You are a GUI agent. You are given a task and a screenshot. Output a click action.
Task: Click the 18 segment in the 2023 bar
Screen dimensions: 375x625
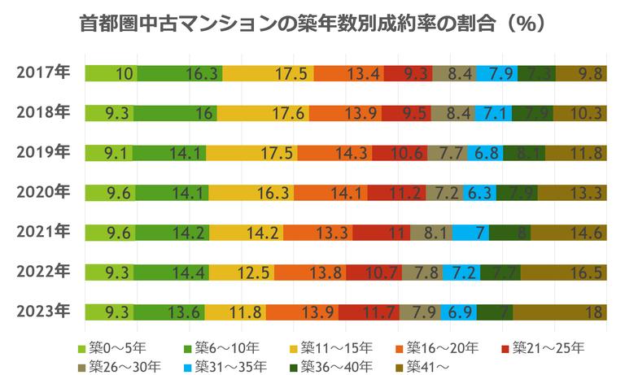pyautogui.click(x=560, y=312)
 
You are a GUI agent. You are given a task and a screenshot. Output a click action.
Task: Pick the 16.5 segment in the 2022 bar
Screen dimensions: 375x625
pyautogui.click(x=564, y=273)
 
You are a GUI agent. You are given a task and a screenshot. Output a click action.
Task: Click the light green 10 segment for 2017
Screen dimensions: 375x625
pyautogui.click(x=110, y=74)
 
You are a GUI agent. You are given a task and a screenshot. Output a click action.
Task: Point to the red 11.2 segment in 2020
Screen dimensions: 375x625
pyautogui.click(x=396, y=193)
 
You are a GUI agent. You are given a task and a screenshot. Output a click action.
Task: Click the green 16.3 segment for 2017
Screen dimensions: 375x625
pyautogui.click(x=179, y=74)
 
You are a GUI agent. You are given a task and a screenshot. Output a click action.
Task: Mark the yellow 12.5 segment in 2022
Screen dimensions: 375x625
pyautogui.click(x=242, y=273)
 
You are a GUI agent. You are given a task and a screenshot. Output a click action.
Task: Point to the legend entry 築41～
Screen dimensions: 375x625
pyautogui.click(x=431, y=365)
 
